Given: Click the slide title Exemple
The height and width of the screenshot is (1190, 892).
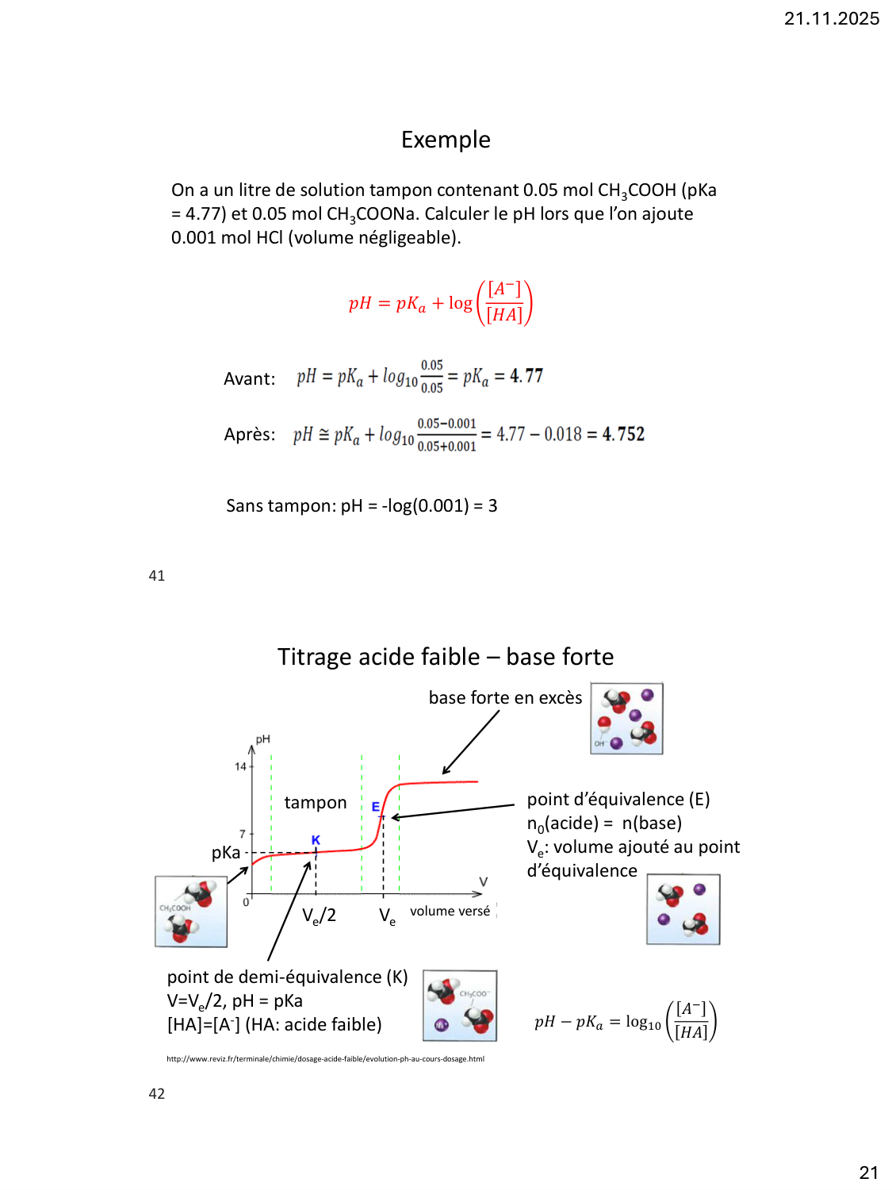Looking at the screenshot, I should (446, 140).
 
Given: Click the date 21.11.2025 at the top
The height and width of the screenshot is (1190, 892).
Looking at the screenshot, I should (831, 19).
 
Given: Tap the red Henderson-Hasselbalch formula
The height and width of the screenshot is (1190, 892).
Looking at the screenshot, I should (440, 303).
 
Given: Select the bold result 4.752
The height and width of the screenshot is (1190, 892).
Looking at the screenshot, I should (623, 434).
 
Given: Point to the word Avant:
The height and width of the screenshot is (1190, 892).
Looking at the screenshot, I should (249, 379).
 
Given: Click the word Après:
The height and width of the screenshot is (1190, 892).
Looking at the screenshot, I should (250, 435).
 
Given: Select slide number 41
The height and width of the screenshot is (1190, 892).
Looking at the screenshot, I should (157, 576).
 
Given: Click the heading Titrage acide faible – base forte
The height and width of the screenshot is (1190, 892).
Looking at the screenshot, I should (446, 657).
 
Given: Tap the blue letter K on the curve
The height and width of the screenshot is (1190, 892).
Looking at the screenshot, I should (316, 839).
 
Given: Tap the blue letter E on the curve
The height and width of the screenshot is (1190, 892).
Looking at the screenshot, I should (376, 807).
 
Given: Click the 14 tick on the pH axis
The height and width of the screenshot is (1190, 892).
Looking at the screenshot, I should (240, 766).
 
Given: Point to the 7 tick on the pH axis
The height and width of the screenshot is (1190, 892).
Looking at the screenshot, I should (243, 833).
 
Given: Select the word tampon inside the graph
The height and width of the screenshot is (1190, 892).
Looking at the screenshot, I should (316, 803).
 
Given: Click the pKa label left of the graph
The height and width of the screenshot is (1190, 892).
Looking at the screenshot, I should (226, 853).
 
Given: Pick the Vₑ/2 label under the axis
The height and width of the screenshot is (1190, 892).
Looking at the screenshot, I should (319, 916).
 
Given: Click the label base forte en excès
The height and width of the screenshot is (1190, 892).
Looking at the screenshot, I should (505, 698).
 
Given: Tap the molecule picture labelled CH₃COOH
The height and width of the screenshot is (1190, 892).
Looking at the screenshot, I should (191, 912).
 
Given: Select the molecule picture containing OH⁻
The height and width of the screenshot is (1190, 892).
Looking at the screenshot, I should (626, 719).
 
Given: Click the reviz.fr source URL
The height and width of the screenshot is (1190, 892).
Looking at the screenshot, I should (325, 1058).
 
